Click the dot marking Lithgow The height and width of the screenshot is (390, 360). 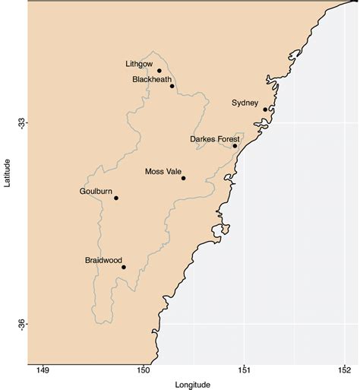[x=159, y=71]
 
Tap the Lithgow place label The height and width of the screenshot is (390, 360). [x=139, y=64]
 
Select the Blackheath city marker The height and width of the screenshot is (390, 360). [x=172, y=86]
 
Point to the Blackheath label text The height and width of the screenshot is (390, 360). [x=152, y=79]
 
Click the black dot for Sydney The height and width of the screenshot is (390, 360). [x=265, y=109]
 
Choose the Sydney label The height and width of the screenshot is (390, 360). [x=245, y=103]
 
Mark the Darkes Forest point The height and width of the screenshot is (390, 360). [x=235, y=146]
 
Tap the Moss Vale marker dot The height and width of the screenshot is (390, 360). [x=184, y=178]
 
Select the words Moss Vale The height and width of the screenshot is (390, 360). [x=163, y=172]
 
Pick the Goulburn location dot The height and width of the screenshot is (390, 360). [x=116, y=198]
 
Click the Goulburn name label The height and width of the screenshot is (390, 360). [x=96, y=192]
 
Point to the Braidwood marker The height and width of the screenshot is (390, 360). [x=124, y=267]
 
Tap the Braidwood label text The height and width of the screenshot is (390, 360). [x=103, y=261]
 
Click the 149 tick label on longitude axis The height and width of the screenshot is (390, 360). [x=43, y=371]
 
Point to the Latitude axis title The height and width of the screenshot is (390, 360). [x=6, y=174]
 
